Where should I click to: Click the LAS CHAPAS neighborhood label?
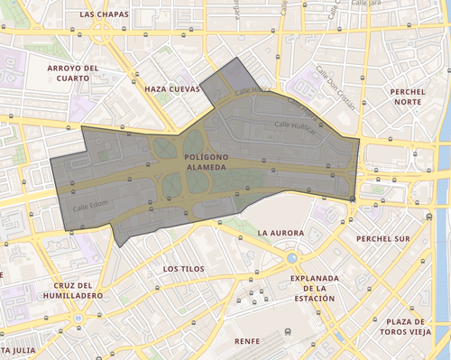tap(104, 15)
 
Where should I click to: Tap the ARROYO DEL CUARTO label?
tap(71, 73)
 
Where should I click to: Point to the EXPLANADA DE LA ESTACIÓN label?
tap(313, 288)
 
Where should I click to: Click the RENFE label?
tap(245, 341)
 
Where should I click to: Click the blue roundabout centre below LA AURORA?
tap(291, 258)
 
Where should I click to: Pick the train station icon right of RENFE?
tap(287, 332)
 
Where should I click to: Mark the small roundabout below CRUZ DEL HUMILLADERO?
tap(79, 318)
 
